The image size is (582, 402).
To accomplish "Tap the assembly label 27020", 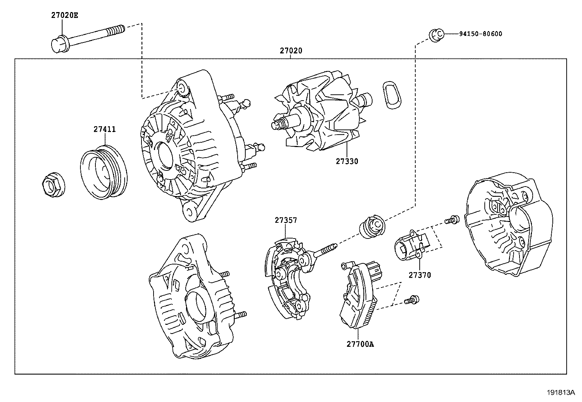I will (291, 51).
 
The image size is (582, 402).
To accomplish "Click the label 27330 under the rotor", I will (347, 161).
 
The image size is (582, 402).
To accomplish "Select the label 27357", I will (286, 220).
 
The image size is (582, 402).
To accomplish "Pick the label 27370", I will (420, 275).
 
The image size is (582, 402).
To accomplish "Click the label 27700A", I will (360, 344).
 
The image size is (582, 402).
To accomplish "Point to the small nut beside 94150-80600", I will (435, 35).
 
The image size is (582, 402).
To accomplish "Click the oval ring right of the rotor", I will (392, 94).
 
